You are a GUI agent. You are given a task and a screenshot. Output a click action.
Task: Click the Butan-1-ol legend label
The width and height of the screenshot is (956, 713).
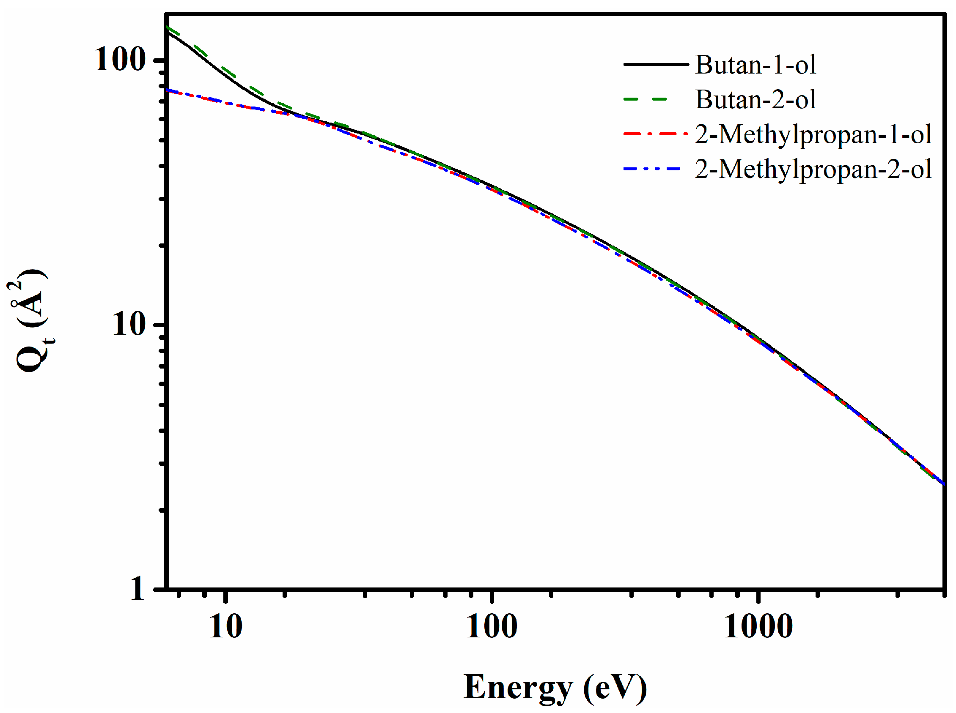click(755, 65)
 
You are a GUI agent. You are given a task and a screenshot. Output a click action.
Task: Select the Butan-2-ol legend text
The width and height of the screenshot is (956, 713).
click(755, 100)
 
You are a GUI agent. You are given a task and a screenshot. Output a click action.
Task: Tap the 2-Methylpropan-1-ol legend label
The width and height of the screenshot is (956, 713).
click(812, 134)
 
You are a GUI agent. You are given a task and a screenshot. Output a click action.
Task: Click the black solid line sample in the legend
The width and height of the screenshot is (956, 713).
click(655, 64)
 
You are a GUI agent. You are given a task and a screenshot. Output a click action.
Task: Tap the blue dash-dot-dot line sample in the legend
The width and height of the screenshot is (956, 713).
click(652, 169)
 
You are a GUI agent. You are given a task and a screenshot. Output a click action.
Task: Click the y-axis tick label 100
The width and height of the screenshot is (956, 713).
click(119, 59)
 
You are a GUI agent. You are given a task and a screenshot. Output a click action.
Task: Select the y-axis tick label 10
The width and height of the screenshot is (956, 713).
click(128, 324)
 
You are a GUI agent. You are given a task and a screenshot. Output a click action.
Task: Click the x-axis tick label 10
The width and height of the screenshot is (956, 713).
click(225, 626)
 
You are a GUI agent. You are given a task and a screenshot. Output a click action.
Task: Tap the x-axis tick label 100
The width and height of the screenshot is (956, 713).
click(491, 626)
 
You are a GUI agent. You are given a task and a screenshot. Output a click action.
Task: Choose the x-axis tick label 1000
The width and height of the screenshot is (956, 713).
click(758, 626)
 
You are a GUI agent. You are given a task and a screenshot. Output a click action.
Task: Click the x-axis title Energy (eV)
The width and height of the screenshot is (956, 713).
click(555, 687)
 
